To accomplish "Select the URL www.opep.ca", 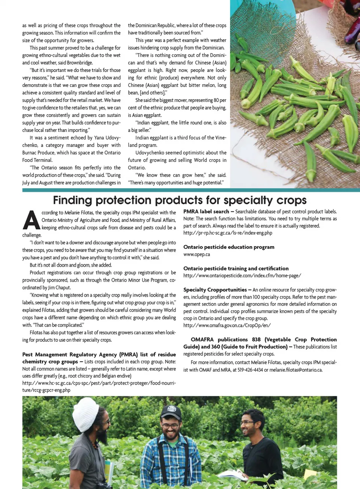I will coord(196,254).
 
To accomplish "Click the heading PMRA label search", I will coord(206,212).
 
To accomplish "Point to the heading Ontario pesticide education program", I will coord(229,247).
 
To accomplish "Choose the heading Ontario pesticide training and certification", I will coord(236,268).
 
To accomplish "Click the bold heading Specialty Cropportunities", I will coord(215,290).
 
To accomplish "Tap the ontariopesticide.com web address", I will coord(242,275).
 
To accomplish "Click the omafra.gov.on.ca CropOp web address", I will coord(226,325).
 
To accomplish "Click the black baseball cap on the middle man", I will coord(171,412).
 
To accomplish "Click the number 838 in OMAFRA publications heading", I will coord(256,339).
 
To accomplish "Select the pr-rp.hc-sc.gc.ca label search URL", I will coord(228,233).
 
